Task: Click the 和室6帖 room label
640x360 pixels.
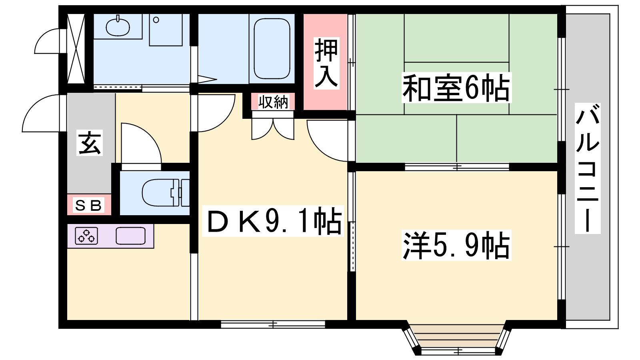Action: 456,88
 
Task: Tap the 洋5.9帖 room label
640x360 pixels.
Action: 456,245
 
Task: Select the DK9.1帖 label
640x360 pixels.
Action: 273,221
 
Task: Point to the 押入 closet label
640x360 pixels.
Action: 326,63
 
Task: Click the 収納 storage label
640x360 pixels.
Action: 273,102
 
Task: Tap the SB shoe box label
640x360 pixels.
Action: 88,205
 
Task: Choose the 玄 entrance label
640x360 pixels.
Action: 90,143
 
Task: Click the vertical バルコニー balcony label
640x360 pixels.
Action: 588,168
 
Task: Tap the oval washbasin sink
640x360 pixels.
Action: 118,26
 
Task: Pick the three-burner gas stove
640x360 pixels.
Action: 86,236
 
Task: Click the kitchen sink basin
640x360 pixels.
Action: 130,236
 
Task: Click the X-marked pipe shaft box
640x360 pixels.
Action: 76,48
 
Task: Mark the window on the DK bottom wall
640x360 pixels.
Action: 273,324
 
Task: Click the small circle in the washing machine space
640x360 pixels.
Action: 156,20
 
